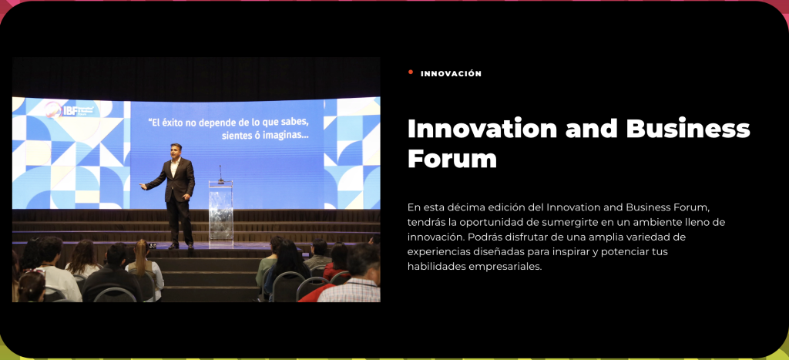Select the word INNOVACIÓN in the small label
451,73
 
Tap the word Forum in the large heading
452,159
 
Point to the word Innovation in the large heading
482,129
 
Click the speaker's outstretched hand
143,187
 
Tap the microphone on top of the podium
220,174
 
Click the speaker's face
176,152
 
